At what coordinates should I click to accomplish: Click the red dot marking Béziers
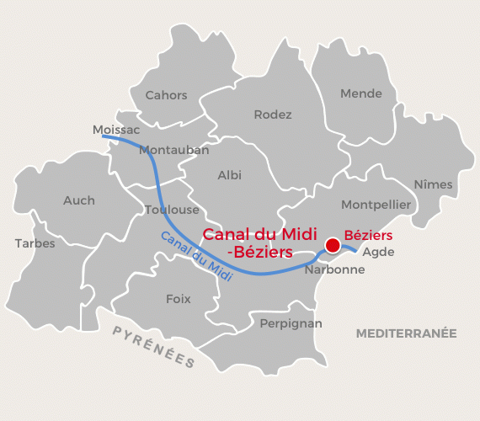click(x=332, y=245)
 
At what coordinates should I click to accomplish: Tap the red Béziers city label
click(x=368, y=237)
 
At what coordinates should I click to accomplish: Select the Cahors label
click(x=166, y=95)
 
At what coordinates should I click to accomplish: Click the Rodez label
click(x=273, y=115)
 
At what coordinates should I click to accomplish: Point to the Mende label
click(x=360, y=93)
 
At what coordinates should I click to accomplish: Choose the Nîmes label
click(x=433, y=184)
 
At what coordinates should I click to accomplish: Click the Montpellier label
click(x=376, y=205)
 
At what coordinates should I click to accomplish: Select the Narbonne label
click(x=334, y=270)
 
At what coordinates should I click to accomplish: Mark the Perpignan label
click(x=291, y=322)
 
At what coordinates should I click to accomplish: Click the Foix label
click(x=179, y=299)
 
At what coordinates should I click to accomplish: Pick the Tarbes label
click(x=35, y=243)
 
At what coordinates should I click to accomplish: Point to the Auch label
click(x=79, y=200)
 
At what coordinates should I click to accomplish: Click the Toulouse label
click(x=172, y=210)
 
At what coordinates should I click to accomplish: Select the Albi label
click(x=229, y=175)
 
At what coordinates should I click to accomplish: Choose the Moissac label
click(x=115, y=130)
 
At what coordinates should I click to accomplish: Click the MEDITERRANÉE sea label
click(x=406, y=333)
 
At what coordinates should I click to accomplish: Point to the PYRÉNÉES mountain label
click(x=154, y=346)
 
